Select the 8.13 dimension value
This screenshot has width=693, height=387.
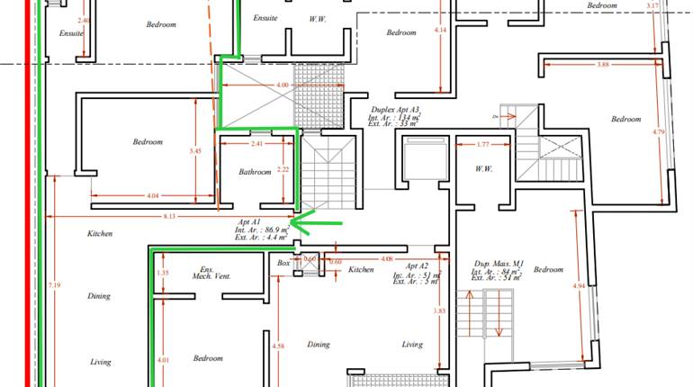[x=169, y=216]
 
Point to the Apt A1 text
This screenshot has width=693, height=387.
[x=249, y=221]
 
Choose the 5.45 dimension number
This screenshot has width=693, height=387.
[x=195, y=152]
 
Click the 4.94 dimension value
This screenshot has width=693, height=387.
[x=579, y=287]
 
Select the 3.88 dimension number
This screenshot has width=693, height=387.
[x=602, y=64]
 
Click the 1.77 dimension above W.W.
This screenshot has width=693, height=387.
[x=482, y=144]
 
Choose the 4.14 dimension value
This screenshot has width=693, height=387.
[x=440, y=31]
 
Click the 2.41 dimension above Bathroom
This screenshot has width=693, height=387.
[x=256, y=144]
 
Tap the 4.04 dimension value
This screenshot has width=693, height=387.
[x=151, y=195]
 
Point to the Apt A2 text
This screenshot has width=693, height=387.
[x=417, y=266]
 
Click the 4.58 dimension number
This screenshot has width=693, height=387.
[x=278, y=346]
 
